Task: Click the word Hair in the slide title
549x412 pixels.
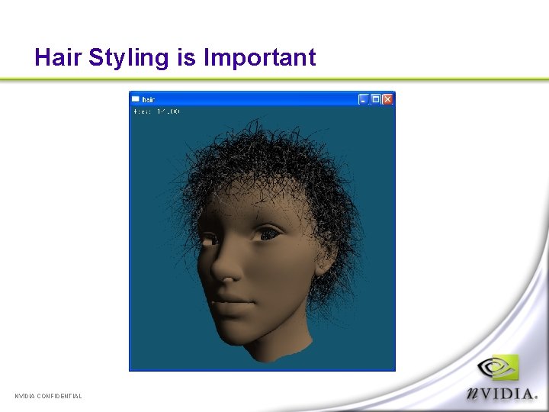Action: [x=58, y=57]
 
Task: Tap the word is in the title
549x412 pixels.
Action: [x=186, y=57]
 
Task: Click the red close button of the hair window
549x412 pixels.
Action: [x=387, y=99]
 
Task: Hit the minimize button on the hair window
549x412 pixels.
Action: [x=364, y=99]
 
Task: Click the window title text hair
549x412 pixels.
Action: [x=149, y=100]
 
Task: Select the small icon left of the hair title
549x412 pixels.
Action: [x=136, y=99]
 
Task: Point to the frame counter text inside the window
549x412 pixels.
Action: [x=156, y=112]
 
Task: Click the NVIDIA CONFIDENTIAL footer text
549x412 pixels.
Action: [x=48, y=396]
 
